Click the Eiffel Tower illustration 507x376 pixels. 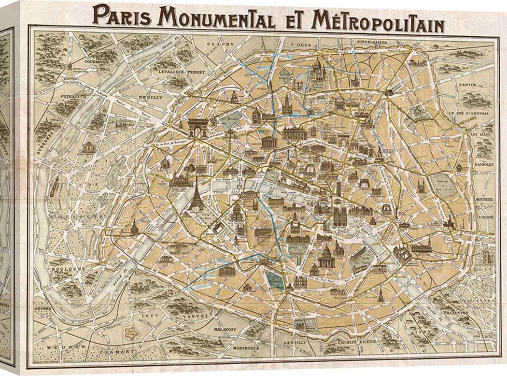(x=196, y=194)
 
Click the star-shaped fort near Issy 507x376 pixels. (x=129, y=333)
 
